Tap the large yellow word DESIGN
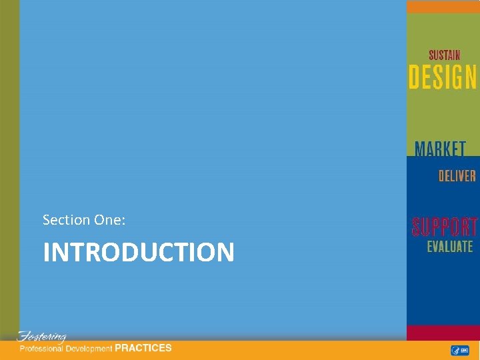click(x=443, y=78)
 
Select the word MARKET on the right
click(x=439, y=149)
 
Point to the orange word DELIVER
click(x=457, y=176)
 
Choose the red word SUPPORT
click(x=444, y=227)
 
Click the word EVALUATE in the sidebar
click(x=450, y=247)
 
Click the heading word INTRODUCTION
click(x=139, y=253)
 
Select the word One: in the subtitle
click(x=109, y=219)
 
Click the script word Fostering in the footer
click(x=41, y=336)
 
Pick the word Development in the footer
click(x=90, y=349)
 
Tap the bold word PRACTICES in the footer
click(x=143, y=348)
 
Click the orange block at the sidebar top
click(x=443, y=7)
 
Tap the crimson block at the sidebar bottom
click(x=443, y=333)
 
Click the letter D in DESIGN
click(x=414, y=78)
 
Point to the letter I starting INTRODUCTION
click(x=46, y=253)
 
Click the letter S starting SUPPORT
click(x=417, y=227)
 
